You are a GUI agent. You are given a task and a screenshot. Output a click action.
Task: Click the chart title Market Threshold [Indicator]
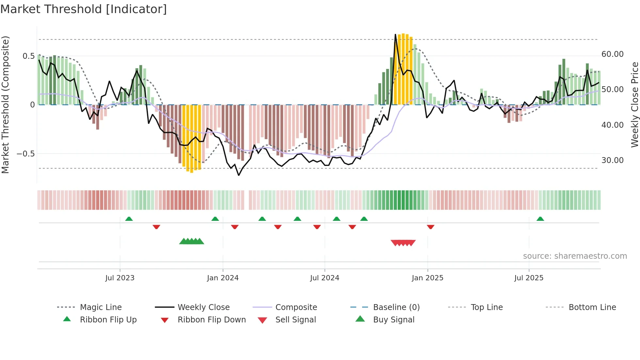point(84,9)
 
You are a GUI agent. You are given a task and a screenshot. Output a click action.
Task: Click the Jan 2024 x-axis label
point(223,278)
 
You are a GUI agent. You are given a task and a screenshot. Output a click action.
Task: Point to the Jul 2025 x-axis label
point(529,278)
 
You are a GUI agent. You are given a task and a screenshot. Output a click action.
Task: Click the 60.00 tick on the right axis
point(612,54)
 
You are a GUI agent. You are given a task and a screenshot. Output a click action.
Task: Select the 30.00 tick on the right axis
point(612,160)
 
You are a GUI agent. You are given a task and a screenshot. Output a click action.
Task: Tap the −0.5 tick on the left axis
point(25,154)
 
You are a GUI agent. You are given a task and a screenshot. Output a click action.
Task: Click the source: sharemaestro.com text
point(575,256)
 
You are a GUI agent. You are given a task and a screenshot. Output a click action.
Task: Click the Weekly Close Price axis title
point(634,105)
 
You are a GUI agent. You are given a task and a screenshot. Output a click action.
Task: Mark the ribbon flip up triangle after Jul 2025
point(540,219)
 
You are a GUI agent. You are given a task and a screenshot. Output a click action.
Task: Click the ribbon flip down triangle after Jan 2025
point(430,227)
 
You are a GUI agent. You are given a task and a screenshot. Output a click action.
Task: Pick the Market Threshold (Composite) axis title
point(6,105)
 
